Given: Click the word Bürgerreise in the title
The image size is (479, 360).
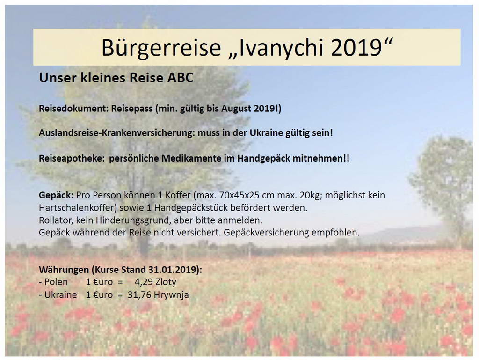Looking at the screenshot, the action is coord(161,47).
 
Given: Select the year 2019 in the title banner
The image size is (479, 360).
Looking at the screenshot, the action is coord(356,47).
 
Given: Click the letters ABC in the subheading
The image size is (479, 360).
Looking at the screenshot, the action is coord(180,78).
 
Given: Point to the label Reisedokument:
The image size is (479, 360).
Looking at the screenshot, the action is coord(73,109).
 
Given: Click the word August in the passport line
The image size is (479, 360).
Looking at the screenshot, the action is coord(236,109).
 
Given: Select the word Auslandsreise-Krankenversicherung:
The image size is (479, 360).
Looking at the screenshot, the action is coord(116,133).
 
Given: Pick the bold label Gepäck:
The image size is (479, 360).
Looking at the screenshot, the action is coord(56,195).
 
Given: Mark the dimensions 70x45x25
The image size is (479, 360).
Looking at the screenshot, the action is coord(241,195).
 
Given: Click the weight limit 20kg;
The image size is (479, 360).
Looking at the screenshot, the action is coord(311,195).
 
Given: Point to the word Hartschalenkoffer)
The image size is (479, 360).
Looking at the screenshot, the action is coord(78,208).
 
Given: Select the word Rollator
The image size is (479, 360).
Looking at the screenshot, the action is coord(56,220).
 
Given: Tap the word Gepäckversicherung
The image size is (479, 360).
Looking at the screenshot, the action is coord(266,233).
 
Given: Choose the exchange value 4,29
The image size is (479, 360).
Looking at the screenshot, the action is coord(144,282).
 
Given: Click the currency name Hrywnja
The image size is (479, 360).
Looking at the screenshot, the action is coord(171,295).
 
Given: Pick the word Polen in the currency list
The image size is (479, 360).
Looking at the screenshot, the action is coord(56,282).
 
